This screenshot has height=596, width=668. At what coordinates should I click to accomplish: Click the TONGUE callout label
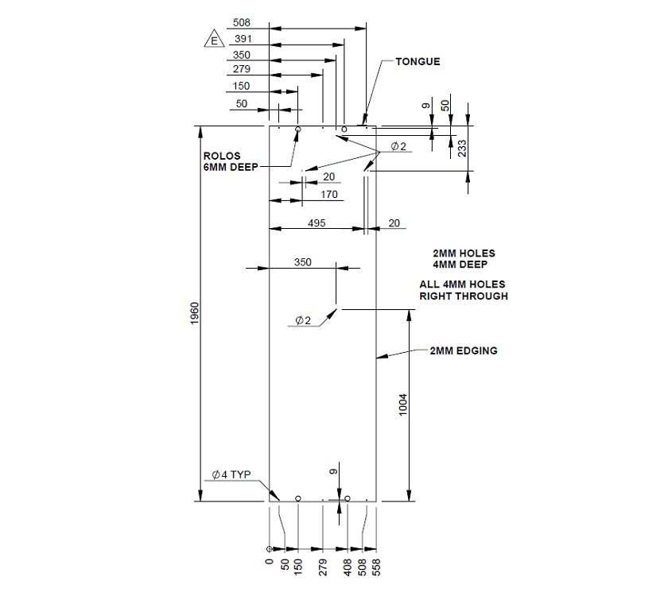pos(417,61)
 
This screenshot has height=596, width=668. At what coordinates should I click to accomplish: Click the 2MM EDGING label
pos(464,350)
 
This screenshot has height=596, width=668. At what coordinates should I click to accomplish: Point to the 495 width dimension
pos(317,223)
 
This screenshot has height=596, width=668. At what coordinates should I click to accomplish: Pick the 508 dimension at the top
pos(241,22)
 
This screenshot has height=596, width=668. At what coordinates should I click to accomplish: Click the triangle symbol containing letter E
pos(212,40)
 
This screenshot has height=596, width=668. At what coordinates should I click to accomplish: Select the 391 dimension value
pos(241,39)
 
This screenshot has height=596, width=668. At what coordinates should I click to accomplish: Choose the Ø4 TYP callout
pos(231,474)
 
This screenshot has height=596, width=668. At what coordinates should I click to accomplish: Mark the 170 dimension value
pos(328,194)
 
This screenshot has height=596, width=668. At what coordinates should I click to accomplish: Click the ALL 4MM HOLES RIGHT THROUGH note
pos(464,290)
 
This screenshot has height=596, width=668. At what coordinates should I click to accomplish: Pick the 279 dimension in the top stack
pos(241,71)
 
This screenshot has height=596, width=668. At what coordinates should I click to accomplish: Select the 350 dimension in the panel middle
pos(303,261)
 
